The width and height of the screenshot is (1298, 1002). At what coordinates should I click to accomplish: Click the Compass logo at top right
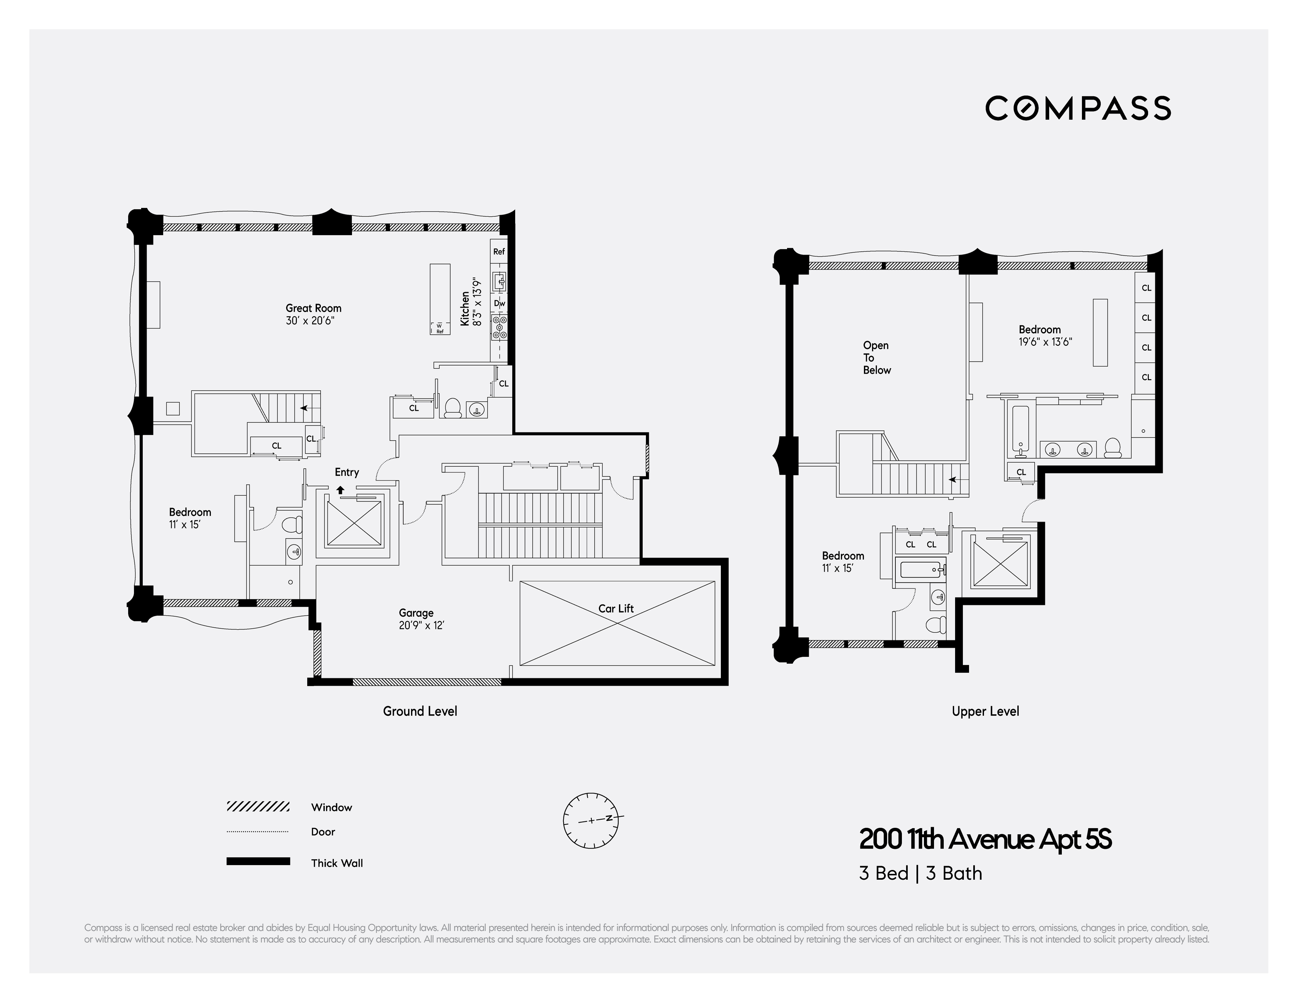[1077, 108]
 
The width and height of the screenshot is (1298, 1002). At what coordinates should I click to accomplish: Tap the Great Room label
[313, 308]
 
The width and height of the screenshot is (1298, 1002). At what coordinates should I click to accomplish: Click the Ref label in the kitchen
[499, 251]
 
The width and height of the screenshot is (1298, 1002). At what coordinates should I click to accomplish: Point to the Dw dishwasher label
[499, 304]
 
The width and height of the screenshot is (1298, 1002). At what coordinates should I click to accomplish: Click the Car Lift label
[616, 608]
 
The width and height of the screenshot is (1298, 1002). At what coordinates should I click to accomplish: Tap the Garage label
[416, 612]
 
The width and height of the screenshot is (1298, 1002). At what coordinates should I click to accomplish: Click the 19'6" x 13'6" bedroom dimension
[1045, 342]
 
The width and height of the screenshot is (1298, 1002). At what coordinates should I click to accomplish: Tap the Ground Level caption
[419, 711]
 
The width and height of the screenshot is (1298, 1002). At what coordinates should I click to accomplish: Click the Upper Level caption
[985, 711]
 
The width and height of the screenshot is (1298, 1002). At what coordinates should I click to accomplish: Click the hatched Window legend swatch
[258, 806]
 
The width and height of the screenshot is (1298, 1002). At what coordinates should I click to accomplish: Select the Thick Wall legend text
[336, 863]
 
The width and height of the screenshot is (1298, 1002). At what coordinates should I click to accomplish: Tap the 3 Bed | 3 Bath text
[920, 873]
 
